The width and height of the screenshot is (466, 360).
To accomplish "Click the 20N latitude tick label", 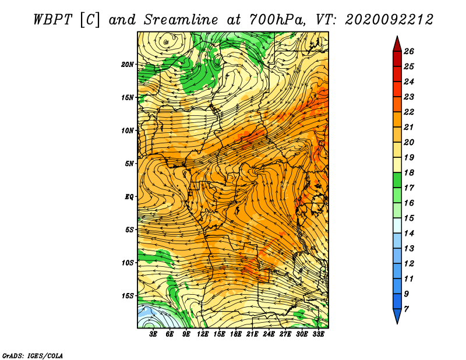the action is (x=127, y=65).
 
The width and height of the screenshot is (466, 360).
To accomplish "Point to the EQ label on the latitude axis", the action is (x=129, y=197).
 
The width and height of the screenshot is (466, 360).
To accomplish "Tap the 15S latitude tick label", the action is (x=128, y=296).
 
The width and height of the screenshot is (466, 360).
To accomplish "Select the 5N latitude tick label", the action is (x=129, y=164).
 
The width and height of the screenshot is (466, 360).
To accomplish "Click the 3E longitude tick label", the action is (x=153, y=334).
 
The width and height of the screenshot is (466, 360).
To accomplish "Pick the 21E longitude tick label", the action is (x=252, y=334).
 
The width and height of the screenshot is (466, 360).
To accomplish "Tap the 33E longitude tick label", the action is (x=318, y=334).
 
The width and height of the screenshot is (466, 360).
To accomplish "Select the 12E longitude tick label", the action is (x=202, y=334).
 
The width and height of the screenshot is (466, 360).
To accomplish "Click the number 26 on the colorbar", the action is (x=409, y=51).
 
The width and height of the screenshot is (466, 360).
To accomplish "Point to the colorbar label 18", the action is (x=409, y=172).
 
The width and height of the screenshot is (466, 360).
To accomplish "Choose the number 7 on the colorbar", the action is (x=406, y=309).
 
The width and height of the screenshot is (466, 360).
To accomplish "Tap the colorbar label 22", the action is (x=409, y=112).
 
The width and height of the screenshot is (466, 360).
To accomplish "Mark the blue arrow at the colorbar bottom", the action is (x=397, y=315).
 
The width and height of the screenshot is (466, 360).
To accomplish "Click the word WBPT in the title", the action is (x=52, y=20).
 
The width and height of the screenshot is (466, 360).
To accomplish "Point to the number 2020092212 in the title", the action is (x=389, y=20).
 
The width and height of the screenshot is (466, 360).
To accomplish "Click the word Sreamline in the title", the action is (x=181, y=20).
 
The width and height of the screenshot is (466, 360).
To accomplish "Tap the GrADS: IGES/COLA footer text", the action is (x=33, y=356).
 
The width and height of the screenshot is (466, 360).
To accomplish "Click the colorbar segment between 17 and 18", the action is (x=397, y=180).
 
